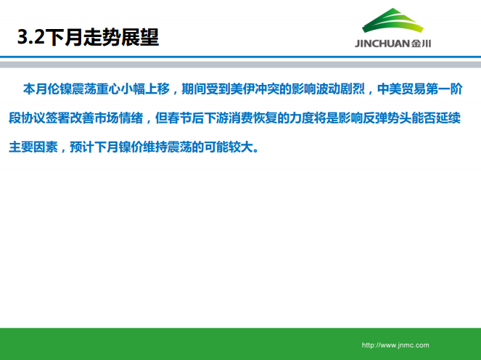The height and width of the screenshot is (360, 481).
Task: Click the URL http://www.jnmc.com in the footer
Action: pyautogui.click(x=395, y=345)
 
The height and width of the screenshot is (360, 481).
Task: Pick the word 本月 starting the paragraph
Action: pyautogui.click(x=36, y=90)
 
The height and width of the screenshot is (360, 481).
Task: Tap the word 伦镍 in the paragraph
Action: pyautogui.click(x=62, y=90)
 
